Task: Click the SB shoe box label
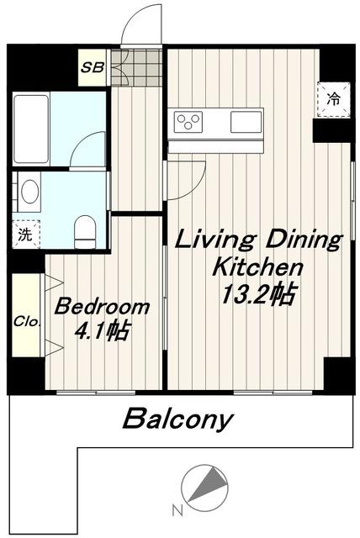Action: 92,67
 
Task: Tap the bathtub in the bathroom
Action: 31,129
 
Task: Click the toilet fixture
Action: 84,231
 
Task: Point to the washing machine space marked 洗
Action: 25,234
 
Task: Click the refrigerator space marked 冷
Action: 333,99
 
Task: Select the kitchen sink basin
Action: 246,122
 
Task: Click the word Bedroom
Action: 102,307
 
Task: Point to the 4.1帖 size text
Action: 103,331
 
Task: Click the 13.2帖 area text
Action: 258,294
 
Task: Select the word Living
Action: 216,240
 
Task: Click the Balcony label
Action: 178,419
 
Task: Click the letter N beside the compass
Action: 177,511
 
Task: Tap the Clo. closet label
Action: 27,322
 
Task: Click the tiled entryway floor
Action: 136,67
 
